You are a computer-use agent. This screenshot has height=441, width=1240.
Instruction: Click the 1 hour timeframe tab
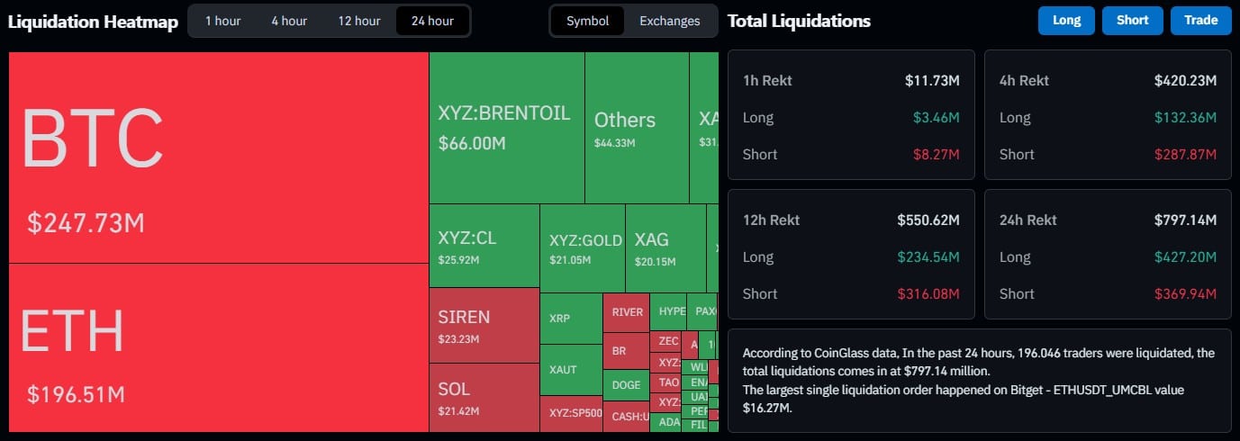(x=222, y=21)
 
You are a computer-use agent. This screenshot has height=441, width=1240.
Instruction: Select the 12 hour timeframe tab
(x=359, y=21)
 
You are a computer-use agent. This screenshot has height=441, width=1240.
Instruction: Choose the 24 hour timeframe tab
(x=432, y=21)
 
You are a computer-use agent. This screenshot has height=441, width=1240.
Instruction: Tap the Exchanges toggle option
(x=669, y=21)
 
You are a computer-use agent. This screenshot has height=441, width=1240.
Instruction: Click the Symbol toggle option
(x=587, y=21)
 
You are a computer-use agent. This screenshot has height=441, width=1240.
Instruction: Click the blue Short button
(x=1132, y=21)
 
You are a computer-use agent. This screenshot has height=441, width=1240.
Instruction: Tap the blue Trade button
(x=1200, y=21)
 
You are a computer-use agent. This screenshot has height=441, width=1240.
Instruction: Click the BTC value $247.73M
(x=86, y=223)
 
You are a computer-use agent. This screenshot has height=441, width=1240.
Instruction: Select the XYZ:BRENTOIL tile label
(x=503, y=114)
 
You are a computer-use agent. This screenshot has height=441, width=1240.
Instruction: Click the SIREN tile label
(x=464, y=317)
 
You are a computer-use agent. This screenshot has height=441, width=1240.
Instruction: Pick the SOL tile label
(x=454, y=390)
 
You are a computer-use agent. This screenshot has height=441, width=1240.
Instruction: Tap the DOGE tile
(x=626, y=385)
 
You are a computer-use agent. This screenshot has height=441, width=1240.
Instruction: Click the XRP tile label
(x=559, y=318)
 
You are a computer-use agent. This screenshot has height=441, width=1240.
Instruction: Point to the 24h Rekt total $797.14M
(x=1185, y=220)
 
